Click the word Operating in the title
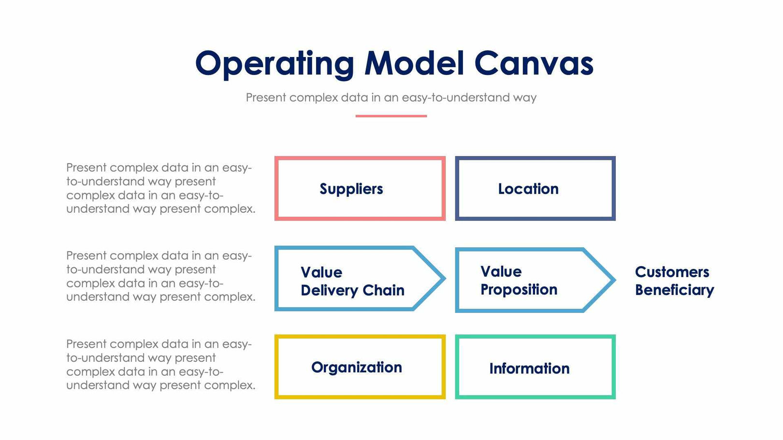tap(274, 64)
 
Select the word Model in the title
tap(414, 63)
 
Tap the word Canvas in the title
tap(534, 63)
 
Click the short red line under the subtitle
tap(391, 116)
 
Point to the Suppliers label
tap(351, 189)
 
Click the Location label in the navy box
tap(528, 189)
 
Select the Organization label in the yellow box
tap(356, 368)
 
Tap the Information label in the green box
tap(529, 369)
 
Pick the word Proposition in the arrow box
tap(519, 289)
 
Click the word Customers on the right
tap(672, 272)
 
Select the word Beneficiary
tap(674, 290)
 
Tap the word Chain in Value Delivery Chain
tap(383, 290)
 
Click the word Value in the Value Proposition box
tap(501, 271)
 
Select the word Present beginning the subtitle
tap(266, 98)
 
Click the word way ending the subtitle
tap(525, 98)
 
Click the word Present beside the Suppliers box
tap(86, 168)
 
